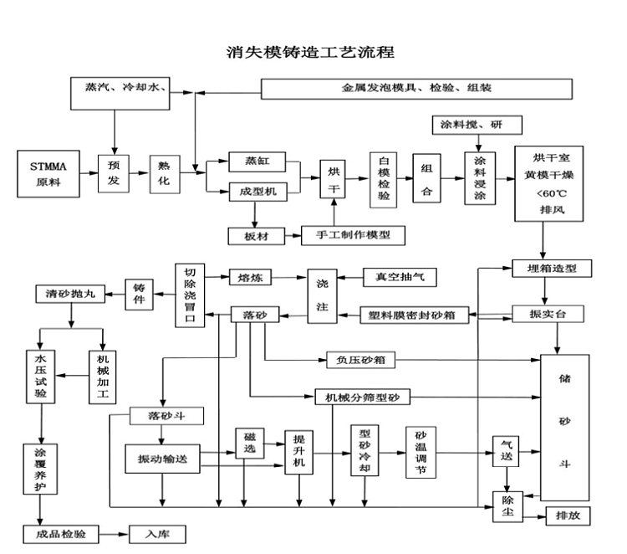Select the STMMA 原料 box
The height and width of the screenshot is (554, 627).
coord(49,174)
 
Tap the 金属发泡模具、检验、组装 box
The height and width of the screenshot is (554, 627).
coord(416,88)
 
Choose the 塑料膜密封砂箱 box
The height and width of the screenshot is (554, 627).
coord(415,315)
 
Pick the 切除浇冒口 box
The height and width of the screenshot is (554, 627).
coord(189,296)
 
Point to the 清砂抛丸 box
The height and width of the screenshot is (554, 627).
coord(70,294)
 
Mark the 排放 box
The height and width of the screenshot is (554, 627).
coord(568,516)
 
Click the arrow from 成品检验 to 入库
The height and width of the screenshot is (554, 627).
coord(114,533)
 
